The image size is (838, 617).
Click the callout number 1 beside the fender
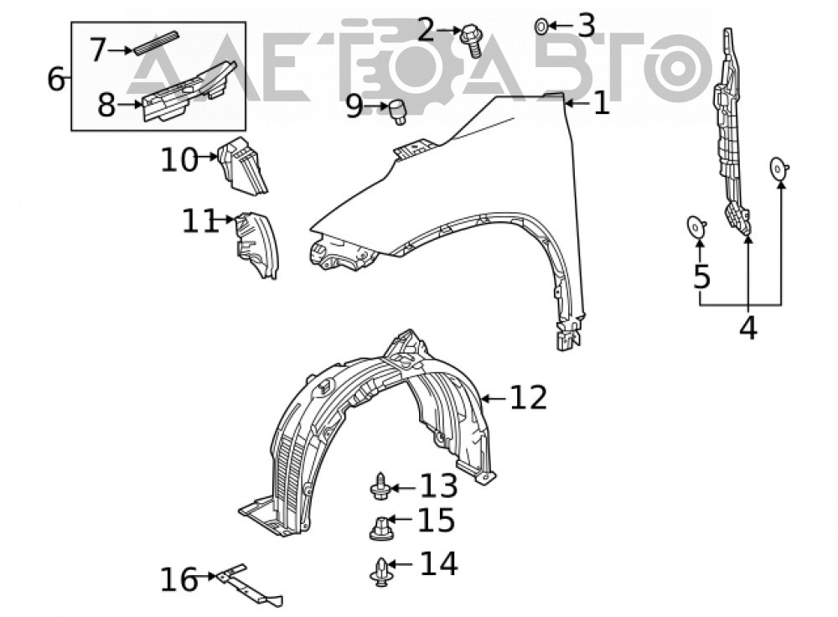[x=601, y=102]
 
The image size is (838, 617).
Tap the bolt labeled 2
[x=471, y=39]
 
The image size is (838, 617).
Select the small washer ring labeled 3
[x=541, y=25]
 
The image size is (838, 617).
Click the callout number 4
[x=748, y=327]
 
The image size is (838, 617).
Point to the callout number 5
[x=701, y=277]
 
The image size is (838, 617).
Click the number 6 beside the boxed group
[x=56, y=79]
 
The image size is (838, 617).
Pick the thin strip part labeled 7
[x=156, y=43]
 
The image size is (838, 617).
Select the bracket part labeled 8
[x=189, y=91]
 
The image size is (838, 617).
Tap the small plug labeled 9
[x=397, y=111]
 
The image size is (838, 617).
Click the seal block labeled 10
[x=241, y=165]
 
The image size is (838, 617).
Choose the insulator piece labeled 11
[x=257, y=244]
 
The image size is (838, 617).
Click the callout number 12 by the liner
[x=528, y=398]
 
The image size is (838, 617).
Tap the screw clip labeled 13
[x=380, y=486]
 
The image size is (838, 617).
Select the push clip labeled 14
[x=380, y=572]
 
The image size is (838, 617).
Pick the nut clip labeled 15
[x=380, y=527]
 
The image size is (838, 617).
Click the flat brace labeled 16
[x=249, y=585]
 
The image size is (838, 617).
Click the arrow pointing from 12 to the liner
[x=494, y=398]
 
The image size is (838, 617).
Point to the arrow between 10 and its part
[x=207, y=158]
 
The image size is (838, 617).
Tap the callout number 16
[x=179, y=579]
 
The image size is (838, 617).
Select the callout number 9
[x=354, y=106]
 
